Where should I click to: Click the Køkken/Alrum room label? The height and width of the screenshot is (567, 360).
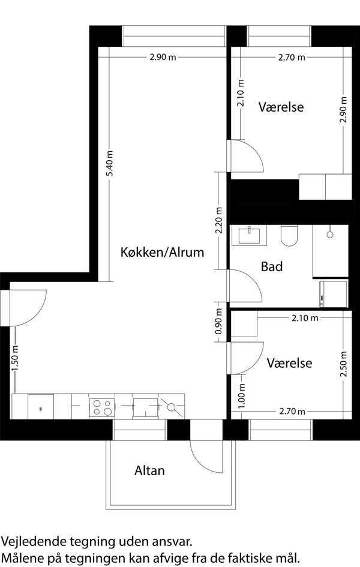click(162, 252)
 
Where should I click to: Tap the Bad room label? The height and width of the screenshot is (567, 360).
click(272, 266)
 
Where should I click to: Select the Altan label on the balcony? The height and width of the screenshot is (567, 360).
click(149, 470)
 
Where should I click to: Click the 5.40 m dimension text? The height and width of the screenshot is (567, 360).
click(110, 163)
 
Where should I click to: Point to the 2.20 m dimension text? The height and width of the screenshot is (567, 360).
click(218, 221)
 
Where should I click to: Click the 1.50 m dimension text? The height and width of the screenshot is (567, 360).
click(15, 358)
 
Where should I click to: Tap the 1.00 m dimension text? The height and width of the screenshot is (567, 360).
click(242, 396)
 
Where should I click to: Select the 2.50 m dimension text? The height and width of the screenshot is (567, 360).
click(343, 364)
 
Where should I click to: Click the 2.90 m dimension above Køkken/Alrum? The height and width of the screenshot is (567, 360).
click(163, 57)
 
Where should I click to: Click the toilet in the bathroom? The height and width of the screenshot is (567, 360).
click(289, 235)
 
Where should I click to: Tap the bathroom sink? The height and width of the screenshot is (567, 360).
click(249, 235)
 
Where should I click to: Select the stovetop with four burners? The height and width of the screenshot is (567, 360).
click(102, 407)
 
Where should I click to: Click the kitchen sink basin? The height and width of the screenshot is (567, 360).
click(145, 407)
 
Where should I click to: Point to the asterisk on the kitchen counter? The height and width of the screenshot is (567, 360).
click(41, 409)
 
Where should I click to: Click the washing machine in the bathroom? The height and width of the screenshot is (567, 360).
click(334, 293)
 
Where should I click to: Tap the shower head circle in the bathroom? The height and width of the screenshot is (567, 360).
click(329, 235)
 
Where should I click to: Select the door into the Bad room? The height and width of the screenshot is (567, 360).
click(245, 286)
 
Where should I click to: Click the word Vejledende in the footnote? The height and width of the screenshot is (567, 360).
click(35, 542)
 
